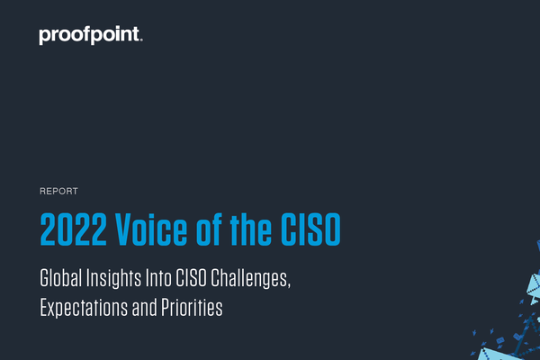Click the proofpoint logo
click(90, 36)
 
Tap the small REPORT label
click(58, 192)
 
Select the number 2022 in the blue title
click(75, 228)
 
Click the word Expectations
click(84, 308)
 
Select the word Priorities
click(192, 308)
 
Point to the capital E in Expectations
click(44, 308)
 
